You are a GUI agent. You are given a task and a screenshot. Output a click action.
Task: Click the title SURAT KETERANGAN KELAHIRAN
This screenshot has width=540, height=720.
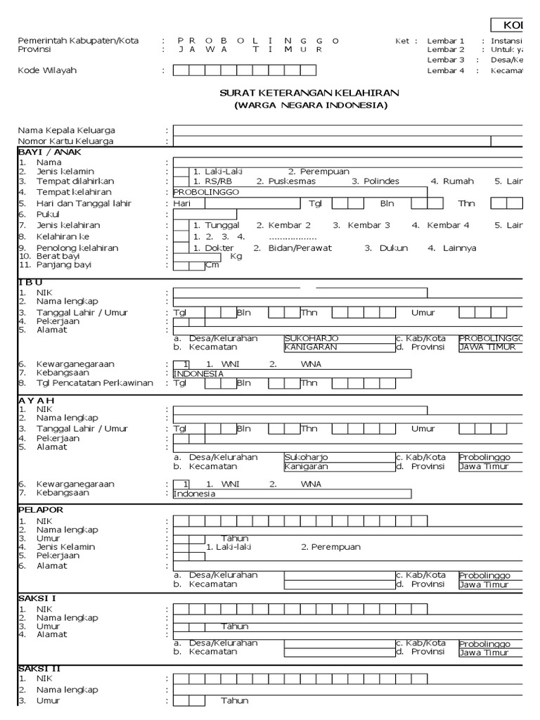(310, 93)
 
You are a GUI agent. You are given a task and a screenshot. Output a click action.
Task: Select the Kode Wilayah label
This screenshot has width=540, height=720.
(47, 70)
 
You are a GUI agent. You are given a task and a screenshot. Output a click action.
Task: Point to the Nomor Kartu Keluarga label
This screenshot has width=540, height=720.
(65, 141)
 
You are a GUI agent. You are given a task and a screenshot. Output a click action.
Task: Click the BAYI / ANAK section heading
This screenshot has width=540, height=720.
(46, 151)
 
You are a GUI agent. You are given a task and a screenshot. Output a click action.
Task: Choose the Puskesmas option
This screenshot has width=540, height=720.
(290, 181)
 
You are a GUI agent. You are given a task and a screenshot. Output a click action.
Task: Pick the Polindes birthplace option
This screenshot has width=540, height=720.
(380, 181)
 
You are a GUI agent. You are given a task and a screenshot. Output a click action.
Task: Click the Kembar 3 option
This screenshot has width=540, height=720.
(366, 225)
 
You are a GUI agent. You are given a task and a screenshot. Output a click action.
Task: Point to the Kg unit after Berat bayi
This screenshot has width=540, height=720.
(236, 257)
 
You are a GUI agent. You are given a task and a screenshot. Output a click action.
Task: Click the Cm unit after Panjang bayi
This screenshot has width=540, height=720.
(212, 265)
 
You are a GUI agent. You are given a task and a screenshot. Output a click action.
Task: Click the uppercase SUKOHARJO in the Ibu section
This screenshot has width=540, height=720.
(307, 338)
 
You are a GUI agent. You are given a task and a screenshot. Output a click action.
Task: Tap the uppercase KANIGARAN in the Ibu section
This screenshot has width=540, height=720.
(311, 347)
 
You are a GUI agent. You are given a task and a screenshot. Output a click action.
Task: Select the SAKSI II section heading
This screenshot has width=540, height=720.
(38, 668)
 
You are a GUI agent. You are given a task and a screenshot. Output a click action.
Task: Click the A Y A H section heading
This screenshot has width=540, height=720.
(37, 400)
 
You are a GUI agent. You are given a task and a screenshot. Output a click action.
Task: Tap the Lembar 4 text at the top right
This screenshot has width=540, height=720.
(446, 70)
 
